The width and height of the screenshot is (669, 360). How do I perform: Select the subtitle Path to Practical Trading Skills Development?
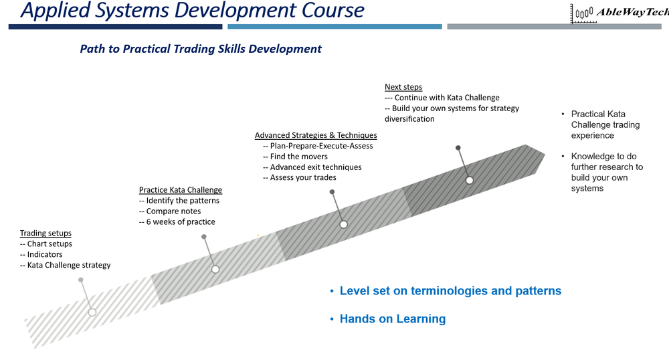pos(201,49)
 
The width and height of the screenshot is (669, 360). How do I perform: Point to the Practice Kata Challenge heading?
pos(180,190)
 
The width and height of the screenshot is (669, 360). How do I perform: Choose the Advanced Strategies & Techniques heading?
pos(316,135)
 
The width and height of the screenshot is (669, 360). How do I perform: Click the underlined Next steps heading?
pos(403,87)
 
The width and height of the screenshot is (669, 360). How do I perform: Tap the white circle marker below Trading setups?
pos(92,312)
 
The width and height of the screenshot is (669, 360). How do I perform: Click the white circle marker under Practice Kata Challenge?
pos(215,269)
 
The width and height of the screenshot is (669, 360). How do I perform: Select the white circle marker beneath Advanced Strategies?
pos(343,224)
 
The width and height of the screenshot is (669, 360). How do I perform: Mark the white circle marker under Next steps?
pos(470,180)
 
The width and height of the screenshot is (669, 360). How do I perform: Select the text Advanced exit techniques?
pos(312,167)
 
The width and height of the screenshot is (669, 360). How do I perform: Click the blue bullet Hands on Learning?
pos(392,319)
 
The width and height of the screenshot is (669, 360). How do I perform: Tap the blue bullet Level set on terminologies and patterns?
pos(450,291)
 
